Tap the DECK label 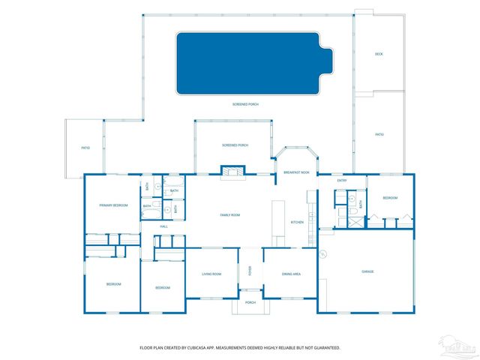(x=379, y=55)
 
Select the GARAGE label (x=367, y=271)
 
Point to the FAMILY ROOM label (x=229, y=215)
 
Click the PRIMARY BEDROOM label (x=114, y=205)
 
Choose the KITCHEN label (x=297, y=222)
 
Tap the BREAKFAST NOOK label (x=297, y=172)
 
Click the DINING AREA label (x=291, y=274)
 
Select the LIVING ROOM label (x=211, y=274)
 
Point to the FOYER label (x=250, y=271)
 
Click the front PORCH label (x=250, y=302)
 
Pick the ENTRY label (x=342, y=181)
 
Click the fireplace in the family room (x=232, y=172)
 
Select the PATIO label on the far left (x=85, y=148)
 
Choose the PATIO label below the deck (x=379, y=134)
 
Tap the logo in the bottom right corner (x=458, y=346)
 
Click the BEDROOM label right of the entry (x=390, y=198)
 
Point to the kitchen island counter (x=279, y=222)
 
